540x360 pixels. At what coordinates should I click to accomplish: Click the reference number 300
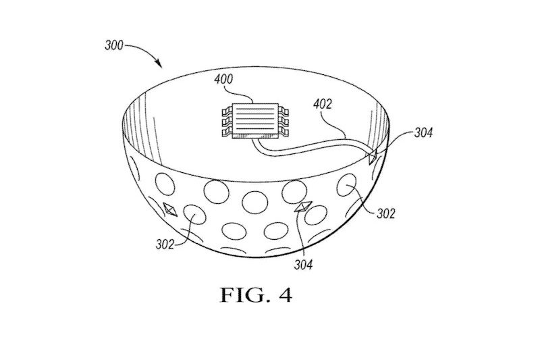pyautogui.click(x=113, y=45)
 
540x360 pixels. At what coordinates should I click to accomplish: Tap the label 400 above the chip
pyautogui.click(x=223, y=79)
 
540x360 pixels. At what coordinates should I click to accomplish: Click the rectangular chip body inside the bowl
pyautogui.click(x=255, y=120)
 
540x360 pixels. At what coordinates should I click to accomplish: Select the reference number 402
pyautogui.click(x=323, y=104)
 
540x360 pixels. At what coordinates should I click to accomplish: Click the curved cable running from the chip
pyautogui.click(x=310, y=147)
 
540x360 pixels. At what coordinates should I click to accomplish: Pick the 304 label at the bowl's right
pyautogui.click(x=423, y=132)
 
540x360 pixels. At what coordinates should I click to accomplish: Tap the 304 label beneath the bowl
pyautogui.click(x=303, y=265)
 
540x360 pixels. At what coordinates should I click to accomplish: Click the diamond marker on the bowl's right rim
pyautogui.click(x=373, y=157)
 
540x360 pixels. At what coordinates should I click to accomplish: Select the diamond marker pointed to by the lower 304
pyautogui.click(x=304, y=207)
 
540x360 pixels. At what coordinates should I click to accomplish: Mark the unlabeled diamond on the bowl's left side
pyautogui.click(x=170, y=209)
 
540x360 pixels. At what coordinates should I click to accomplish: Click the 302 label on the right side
pyautogui.click(x=385, y=213)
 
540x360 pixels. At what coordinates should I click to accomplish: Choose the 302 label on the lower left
pyautogui.click(x=165, y=245)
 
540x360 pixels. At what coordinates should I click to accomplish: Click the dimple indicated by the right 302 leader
pyautogui.click(x=347, y=185)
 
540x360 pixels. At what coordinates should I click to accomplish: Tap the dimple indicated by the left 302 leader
pyautogui.click(x=194, y=215)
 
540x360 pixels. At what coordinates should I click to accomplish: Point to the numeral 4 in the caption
pyautogui.click(x=286, y=296)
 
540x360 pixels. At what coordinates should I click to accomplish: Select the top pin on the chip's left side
pyautogui.click(x=227, y=111)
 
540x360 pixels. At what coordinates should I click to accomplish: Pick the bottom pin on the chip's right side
pyautogui.click(x=283, y=131)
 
